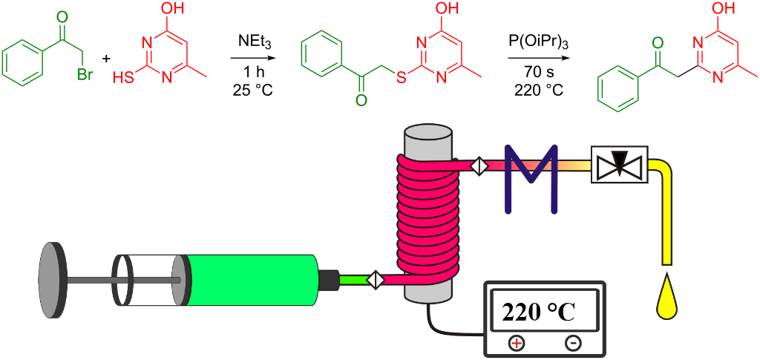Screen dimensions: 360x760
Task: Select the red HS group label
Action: coord(123,76)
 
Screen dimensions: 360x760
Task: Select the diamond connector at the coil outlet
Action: coord(479,165)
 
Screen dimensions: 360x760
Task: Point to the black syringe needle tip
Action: coord(328,280)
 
